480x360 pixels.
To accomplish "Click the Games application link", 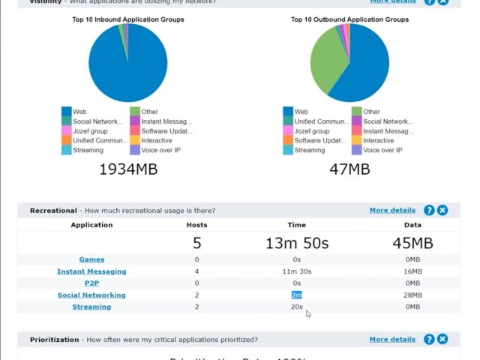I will (91, 259).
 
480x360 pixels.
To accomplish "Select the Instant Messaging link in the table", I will (91, 271).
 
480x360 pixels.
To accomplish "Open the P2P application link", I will (91, 283).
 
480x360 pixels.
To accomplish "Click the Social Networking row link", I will (91, 295).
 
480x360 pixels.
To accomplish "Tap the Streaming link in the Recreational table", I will (91, 307).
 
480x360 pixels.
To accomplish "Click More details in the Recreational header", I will (391, 210).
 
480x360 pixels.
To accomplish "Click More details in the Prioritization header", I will (391, 339).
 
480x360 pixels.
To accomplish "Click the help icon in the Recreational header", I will (429, 211).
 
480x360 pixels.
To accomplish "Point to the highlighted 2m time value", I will (296, 295).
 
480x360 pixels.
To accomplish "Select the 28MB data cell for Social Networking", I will (412, 295).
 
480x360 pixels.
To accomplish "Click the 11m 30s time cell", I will (296, 271).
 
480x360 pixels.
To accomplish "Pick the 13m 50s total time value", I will (296, 243).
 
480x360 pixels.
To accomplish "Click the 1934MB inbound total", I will (128, 169).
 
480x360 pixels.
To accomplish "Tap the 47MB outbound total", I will (349, 169).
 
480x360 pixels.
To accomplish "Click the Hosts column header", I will (196, 225).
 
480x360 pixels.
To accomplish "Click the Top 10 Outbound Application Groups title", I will (349, 19).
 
